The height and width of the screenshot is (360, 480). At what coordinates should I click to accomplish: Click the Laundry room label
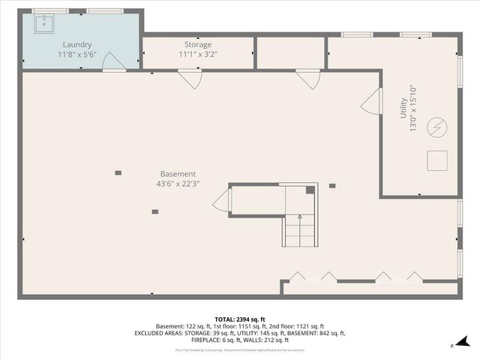click(x=77, y=45)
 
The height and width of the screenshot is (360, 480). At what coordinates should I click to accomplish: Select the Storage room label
click(x=198, y=45)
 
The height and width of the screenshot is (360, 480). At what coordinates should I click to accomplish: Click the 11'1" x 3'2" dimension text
click(x=198, y=55)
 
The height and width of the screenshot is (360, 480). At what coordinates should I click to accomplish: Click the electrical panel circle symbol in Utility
click(x=436, y=128)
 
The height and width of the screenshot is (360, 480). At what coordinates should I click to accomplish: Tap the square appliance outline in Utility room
click(x=436, y=160)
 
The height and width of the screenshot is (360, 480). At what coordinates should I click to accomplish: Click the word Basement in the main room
click(x=178, y=173)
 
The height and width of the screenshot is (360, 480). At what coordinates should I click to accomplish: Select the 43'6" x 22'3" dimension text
click(x=178, y=183)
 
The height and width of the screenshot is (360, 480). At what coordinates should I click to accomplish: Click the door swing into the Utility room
click(x=370, y=104)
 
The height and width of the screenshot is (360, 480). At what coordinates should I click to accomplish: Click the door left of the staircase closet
click(x=222, y=201)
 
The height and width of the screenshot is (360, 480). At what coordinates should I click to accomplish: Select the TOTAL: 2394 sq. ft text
click(x=239, y=319)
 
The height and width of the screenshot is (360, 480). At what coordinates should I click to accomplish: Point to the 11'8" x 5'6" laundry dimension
click(x=77, y=55)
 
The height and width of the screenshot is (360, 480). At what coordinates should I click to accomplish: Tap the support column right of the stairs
click(x=332, y=186)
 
